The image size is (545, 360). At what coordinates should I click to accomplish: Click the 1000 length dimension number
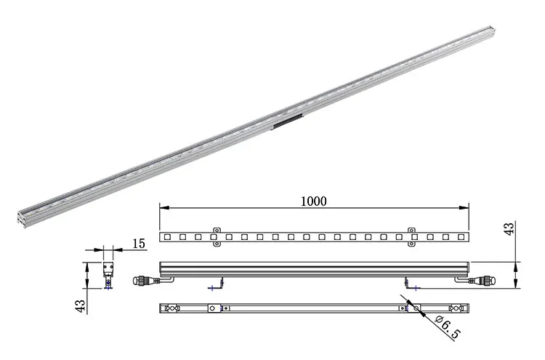click(313, 201)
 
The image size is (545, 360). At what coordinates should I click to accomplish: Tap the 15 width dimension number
click(139, 244)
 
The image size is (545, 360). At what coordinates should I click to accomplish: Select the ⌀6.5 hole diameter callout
click(448, 327)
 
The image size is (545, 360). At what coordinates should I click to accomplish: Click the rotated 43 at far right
click(509, 228)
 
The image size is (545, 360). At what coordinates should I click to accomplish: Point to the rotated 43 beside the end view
click(80, 306)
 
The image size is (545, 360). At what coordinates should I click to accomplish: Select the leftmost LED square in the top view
click(167, 237)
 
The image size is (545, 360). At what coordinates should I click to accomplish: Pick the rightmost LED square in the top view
click(461, 237)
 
